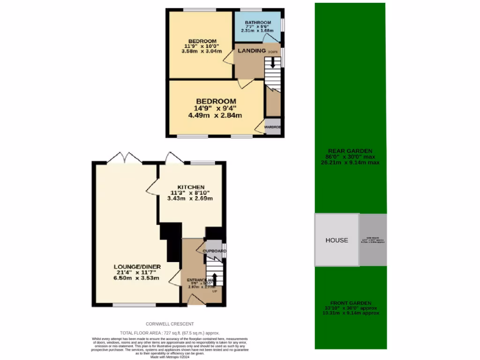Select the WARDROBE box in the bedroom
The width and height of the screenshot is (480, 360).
pos(272,127)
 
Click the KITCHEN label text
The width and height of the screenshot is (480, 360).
pos(190,187)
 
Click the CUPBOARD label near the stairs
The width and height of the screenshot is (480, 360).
pos(214,251)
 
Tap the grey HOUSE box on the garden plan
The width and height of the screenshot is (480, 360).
pos(337,240)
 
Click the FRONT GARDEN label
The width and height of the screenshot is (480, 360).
pos(351,303)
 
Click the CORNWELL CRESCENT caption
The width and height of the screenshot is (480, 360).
pos(170,324)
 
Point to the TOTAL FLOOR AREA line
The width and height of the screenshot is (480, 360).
pos(170,332)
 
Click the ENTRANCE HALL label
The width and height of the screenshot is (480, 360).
pos(202,280)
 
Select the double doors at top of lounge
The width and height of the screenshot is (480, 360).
pos(125,158)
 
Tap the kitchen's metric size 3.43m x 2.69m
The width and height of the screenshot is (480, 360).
pos(190,198)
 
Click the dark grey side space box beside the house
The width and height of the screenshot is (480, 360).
pos(373,240)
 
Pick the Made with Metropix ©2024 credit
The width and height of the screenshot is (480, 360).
pos(170,357)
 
